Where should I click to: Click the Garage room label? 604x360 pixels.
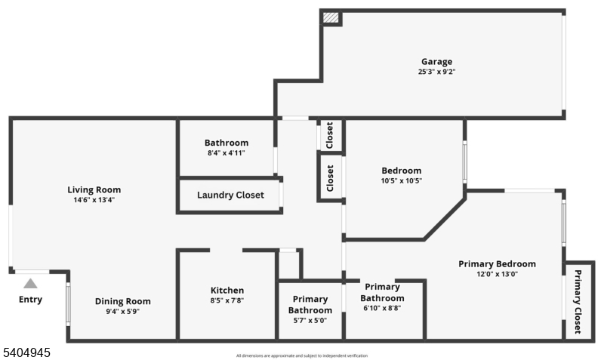tap(436, 61)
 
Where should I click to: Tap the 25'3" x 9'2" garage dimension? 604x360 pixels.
tap(436, 72)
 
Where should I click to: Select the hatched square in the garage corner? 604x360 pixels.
tap(331, 17)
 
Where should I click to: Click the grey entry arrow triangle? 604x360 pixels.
tap(30, 284)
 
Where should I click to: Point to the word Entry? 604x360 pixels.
tap(30, 300)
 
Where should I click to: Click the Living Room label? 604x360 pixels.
tap(94, 189)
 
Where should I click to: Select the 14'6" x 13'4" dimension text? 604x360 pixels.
tap(94, 200)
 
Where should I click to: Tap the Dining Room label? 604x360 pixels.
tap(122, 301)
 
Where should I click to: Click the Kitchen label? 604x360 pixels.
tap(226, 290)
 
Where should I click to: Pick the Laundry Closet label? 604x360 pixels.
tap(230, 195)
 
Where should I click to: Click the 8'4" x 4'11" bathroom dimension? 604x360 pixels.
tap(226, 153)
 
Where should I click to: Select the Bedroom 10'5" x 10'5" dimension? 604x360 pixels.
tap(401, 181)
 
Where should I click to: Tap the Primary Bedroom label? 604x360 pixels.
tap(497, 263)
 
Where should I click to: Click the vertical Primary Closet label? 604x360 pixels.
tap(578, 301)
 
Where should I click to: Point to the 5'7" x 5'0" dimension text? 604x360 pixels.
tap(310, 320)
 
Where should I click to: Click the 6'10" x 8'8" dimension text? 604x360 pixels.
tap(382, 308)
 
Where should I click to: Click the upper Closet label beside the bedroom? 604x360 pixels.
tap(330, 136)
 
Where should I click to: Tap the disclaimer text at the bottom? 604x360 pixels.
tap(302, 355)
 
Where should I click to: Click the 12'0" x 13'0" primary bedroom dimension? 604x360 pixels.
tap(497, 274)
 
